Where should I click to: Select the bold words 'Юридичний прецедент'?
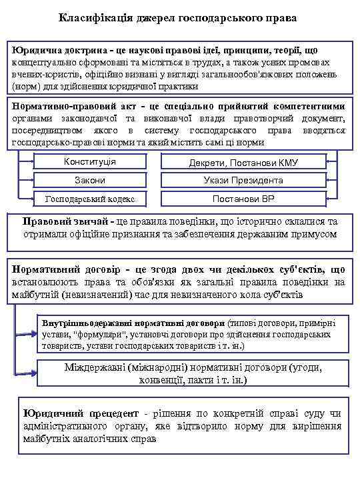(x=76, y=414)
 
